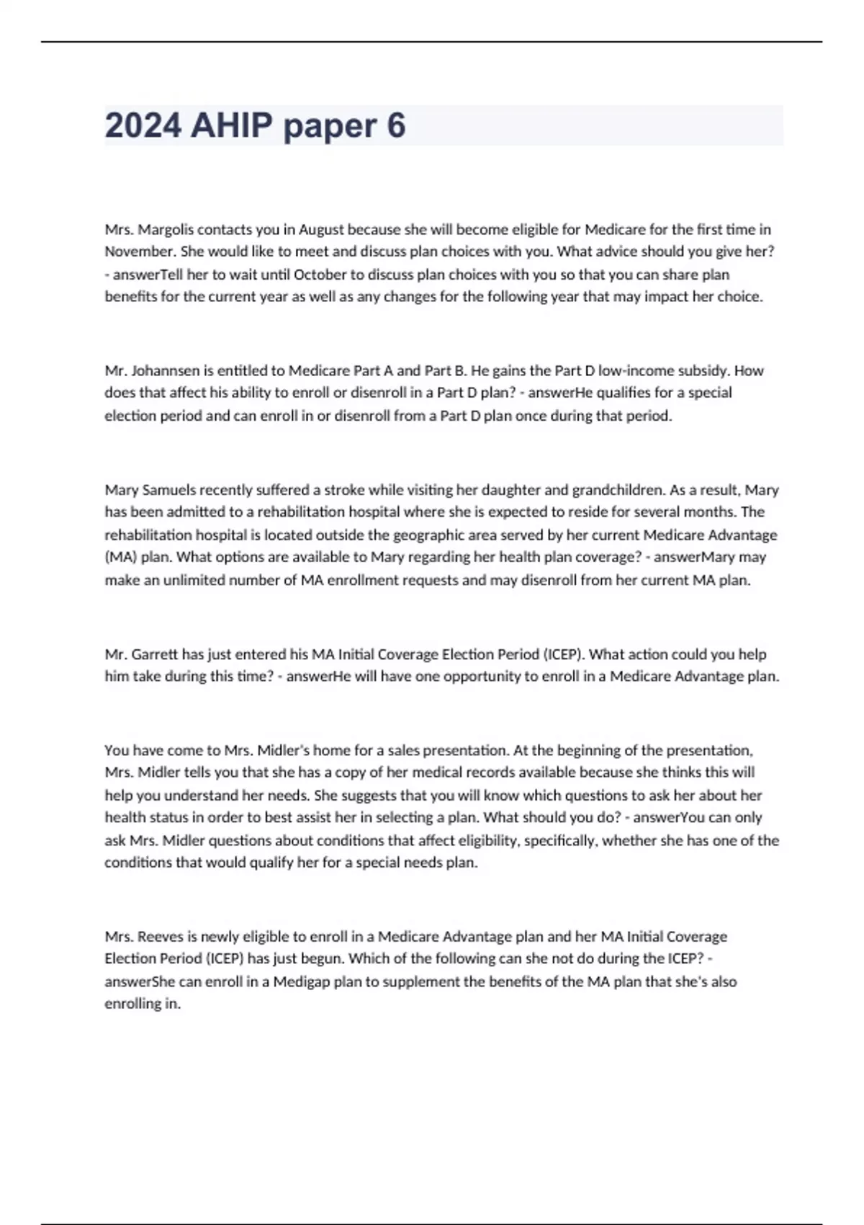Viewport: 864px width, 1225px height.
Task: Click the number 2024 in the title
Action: click(143, 125)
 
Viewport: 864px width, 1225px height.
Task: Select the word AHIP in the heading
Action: click(232, 125)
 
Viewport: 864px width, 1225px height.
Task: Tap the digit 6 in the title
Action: click(396, 125)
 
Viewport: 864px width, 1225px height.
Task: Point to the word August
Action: click(321, 229)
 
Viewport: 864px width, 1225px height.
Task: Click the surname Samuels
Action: click(168, 490)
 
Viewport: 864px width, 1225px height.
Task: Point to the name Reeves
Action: click(161, 937)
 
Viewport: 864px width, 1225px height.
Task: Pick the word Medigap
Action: click(301, 981)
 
